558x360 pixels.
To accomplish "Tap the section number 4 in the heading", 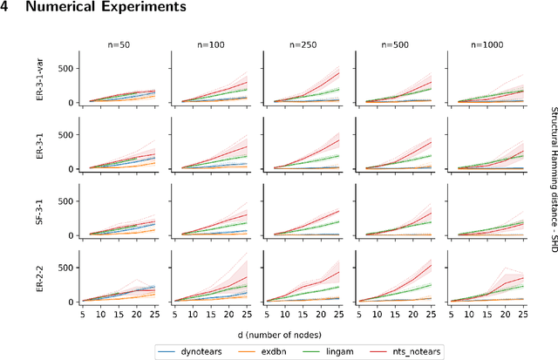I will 6,8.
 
